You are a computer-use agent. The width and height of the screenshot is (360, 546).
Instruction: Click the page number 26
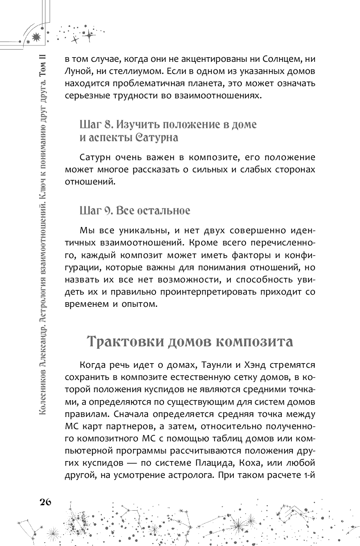click(45, 502)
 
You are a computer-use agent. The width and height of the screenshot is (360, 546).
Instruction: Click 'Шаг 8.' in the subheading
click(96, 125)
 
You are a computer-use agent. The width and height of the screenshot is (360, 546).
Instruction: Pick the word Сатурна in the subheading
click(151, 137)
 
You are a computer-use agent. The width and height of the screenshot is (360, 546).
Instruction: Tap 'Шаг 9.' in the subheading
click(96, 211)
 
